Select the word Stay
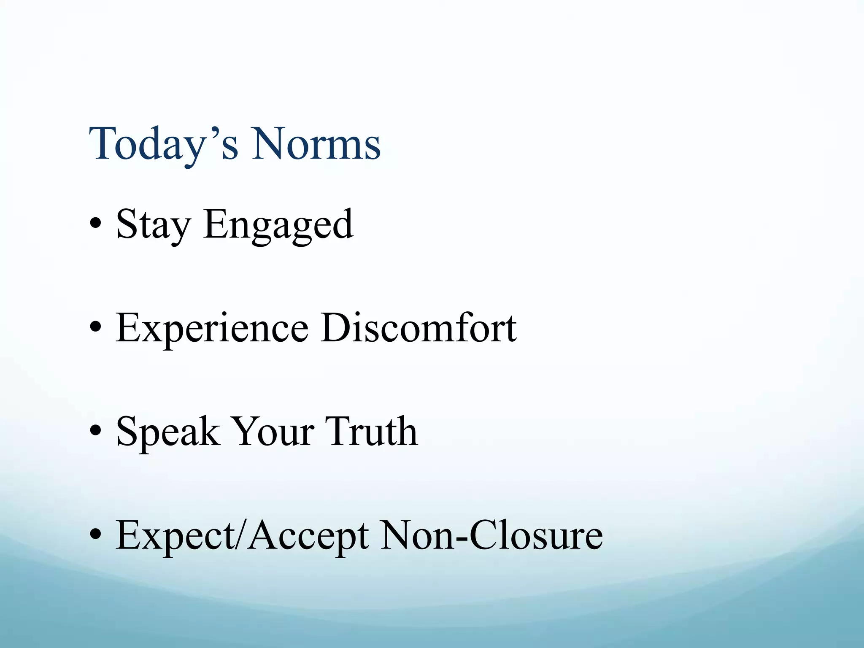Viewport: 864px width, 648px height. point(153,225)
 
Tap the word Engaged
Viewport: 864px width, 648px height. point(278,225)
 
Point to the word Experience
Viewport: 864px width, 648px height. point(212,329)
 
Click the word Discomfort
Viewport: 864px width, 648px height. point(418,329)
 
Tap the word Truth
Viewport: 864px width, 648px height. point(371,432)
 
